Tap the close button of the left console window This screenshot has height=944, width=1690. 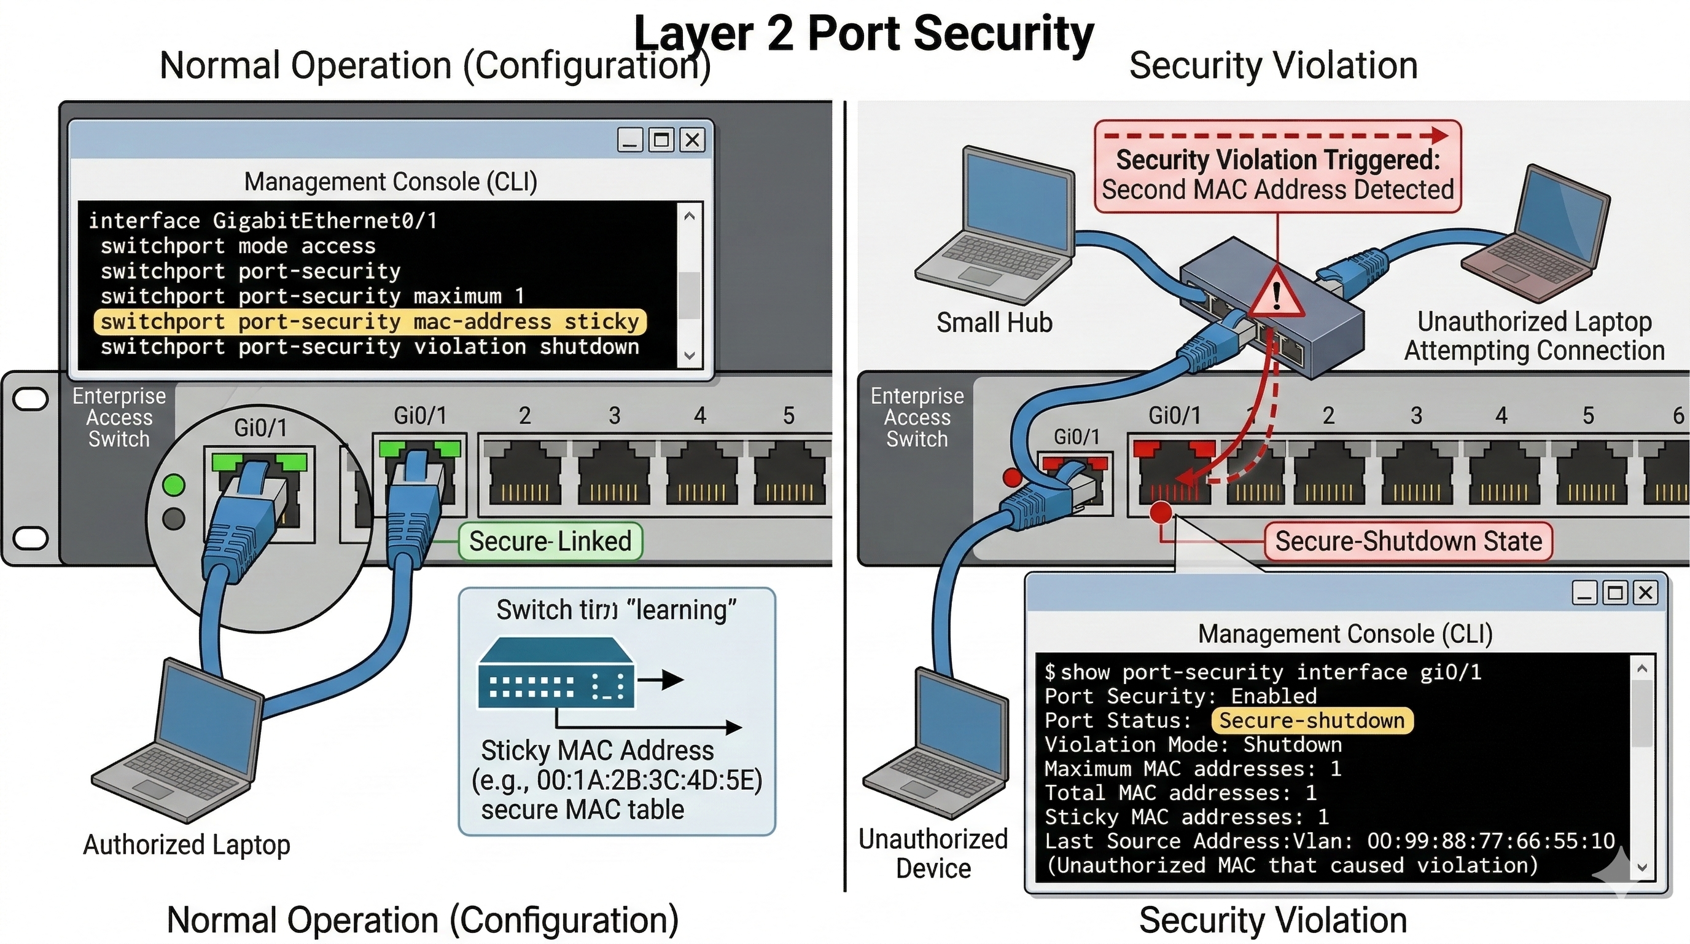(x=692, y=140)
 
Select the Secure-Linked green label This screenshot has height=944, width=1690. (x=550, y=541)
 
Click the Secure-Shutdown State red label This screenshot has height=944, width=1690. (x=1408, y=541)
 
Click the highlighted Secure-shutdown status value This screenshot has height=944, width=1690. (x=1312, y=720)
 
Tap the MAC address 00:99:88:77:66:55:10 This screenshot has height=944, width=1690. (x=1490, y=841)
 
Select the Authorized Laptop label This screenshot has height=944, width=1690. (x=187, y=845)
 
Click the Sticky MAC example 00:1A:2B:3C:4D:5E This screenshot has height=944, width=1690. (x=617, y=781)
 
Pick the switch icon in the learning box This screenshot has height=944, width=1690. (x=556, y=674)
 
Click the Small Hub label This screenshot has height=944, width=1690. (x=994, y=323)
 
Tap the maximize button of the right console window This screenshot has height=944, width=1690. (x=1614, y=593)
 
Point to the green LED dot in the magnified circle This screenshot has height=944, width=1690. (x=174, y=485)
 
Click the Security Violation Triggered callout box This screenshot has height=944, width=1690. (x=1277, y=167)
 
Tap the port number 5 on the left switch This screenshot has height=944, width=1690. (x=789, y=415)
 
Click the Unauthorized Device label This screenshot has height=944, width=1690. (x=933, y=854)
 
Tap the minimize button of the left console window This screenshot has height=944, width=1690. (x=631, y=140)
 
